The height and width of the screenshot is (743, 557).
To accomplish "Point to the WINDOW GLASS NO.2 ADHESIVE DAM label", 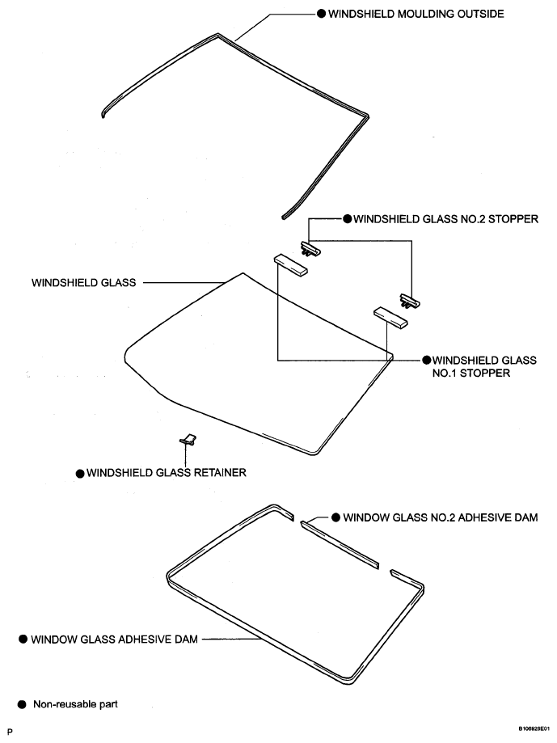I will point(441,517).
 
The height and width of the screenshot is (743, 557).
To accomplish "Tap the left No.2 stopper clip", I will point(310,249).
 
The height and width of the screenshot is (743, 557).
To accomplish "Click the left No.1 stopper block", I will point(291,265).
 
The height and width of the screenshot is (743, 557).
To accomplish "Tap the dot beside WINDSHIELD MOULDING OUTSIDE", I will point(321,15).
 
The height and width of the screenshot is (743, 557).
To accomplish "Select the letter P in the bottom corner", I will point(11,731).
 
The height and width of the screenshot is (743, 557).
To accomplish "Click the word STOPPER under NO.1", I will point(486,374).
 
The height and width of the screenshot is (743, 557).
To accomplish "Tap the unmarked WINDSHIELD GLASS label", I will point(83,283).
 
